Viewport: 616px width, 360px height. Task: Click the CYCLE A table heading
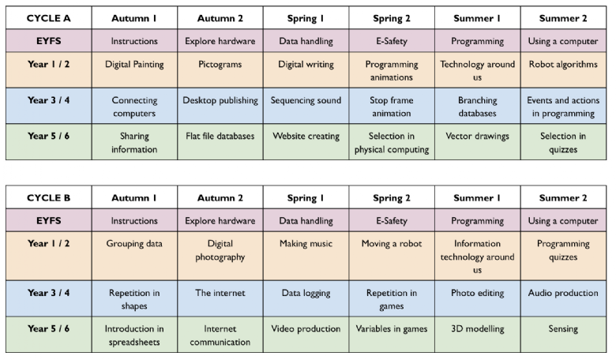(49, 18)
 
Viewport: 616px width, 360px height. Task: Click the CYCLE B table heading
(49, 197)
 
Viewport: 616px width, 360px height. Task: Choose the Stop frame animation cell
(391, 107)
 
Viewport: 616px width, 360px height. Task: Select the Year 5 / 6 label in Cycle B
(49, 328)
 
